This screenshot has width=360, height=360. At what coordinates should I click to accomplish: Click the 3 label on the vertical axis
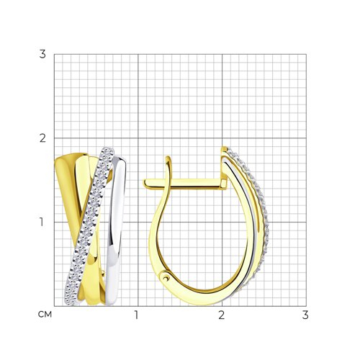coord(42,54)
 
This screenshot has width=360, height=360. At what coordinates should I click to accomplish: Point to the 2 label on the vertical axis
coord(42,138)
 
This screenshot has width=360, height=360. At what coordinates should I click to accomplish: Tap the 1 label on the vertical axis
coord(42,222)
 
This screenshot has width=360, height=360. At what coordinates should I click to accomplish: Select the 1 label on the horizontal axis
coord(136,315)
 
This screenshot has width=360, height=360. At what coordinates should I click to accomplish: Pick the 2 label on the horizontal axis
coord(222,315)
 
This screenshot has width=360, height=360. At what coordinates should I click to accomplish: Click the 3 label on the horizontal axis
coord(305,315)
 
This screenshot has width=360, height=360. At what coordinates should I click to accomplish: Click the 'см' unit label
coord(45,315)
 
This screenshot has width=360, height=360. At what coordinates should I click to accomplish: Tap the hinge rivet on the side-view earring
coord(166,277)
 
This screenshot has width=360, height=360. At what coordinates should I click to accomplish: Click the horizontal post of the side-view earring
coord(185,184)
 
